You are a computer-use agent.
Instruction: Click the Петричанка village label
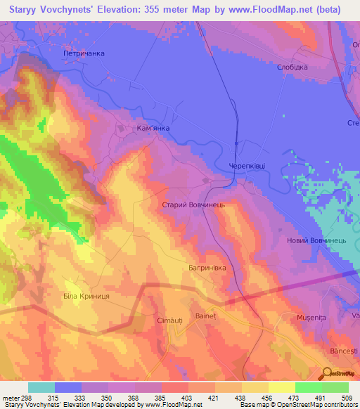(x=84, y=53)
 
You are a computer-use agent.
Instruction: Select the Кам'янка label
(x=153, y=129)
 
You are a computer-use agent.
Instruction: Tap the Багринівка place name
(x=206, y=268)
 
